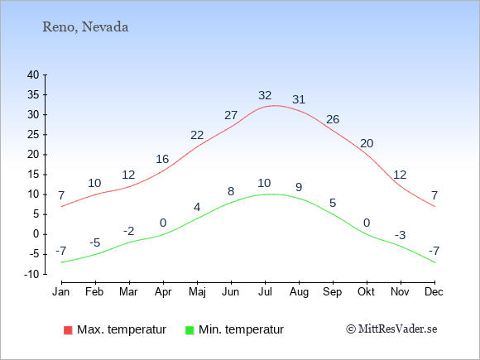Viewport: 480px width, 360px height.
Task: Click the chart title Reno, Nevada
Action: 85,27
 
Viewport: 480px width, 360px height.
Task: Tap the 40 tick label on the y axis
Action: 33,74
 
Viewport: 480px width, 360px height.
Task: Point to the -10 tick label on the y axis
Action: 31,274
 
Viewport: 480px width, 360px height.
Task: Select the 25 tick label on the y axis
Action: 33,134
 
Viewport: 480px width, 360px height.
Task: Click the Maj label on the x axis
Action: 197,292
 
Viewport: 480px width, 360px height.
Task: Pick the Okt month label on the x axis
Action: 366,292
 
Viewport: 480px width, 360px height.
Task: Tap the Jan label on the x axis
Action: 61,292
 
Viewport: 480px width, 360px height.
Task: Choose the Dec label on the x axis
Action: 434,292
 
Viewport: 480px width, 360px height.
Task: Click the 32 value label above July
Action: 265,95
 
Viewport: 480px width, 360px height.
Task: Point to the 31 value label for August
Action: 299,99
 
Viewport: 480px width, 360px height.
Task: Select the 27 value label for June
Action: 231,115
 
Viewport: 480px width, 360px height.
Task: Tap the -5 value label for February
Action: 95,242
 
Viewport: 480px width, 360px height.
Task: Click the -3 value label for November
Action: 400,235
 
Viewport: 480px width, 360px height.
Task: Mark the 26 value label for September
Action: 333,119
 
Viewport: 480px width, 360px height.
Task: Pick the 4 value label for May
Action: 197,207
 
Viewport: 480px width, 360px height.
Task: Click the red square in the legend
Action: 68,330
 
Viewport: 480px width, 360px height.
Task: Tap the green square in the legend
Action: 190,330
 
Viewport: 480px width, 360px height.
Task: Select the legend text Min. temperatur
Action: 241,329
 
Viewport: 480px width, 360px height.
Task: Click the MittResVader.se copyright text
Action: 391,329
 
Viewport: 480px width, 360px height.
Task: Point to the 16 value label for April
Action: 162,159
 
